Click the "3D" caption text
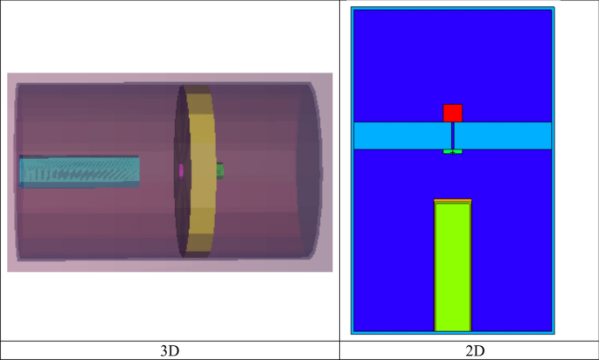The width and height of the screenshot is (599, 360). click(x=171, y=350)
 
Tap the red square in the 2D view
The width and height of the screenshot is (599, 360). click(x=452, y=113)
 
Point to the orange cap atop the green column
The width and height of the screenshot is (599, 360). click(x=453, y=201)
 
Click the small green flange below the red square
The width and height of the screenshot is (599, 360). click(x=452, y=152)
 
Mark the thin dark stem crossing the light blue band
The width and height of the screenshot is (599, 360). click(x=452, y=135)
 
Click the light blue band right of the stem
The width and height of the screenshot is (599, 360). click(x=503, y=135)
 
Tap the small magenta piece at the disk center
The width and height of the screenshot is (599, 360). click(x=181, y=170)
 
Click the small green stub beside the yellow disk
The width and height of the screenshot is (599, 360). click(x=220, y=170)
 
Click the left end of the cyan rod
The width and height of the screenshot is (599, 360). click(x=23, y=171)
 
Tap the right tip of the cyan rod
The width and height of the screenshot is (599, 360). click(x=137, y=171)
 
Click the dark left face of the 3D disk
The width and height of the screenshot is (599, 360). click(x=182, y=210)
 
